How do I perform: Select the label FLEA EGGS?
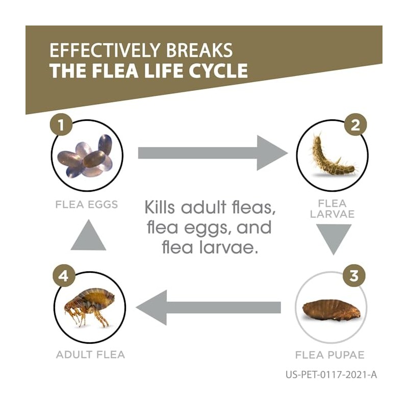(87, 205)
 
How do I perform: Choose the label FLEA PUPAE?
(330, 354)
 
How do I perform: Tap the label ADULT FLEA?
(90, 354)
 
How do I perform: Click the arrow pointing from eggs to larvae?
(212, 152)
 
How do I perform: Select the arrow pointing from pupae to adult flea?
(209, 307)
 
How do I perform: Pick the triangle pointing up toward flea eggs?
(88, 235)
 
